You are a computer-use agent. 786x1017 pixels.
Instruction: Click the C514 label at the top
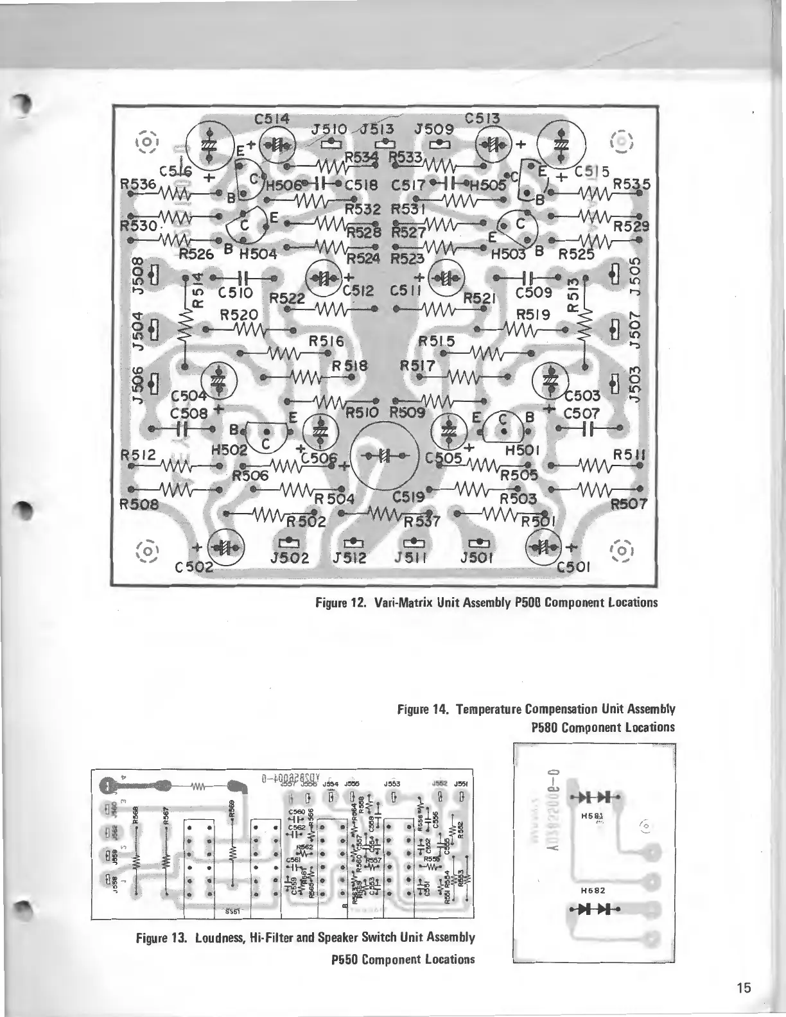click(x=272, y=119)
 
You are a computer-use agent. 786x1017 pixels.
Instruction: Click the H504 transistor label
click(x=258, y=253)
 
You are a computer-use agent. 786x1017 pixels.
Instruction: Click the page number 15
click(x=744, y=987)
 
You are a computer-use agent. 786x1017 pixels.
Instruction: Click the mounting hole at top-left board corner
click(x=147, y=141)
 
